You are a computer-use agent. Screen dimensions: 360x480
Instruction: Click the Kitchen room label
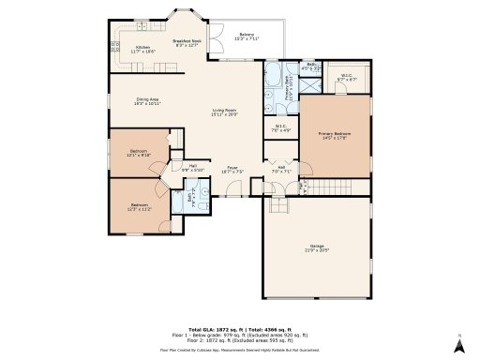pyautogui.click(x=142, y=49)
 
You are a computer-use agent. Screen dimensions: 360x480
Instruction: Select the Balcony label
pyautogui.click(x=247, y=37)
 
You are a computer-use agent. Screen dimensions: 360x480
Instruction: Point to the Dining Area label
pyautogui.click(x=148, y=100)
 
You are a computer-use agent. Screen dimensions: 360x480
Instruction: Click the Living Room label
pyautogui.click(x=225, y=112)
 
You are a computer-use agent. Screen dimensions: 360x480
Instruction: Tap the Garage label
pyautogui.click(x=318, y=248)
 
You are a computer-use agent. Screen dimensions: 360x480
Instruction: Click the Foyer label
pyautogui.click(x=232, y=170)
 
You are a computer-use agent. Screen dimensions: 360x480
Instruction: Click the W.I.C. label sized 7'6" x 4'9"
pyautogui.click(x=281, y=127)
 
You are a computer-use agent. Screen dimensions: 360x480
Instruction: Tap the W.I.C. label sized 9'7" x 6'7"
pyautogui.click(x=347, y=79)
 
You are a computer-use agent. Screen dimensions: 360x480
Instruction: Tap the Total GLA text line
pyautogui.click(x=240, y=330)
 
